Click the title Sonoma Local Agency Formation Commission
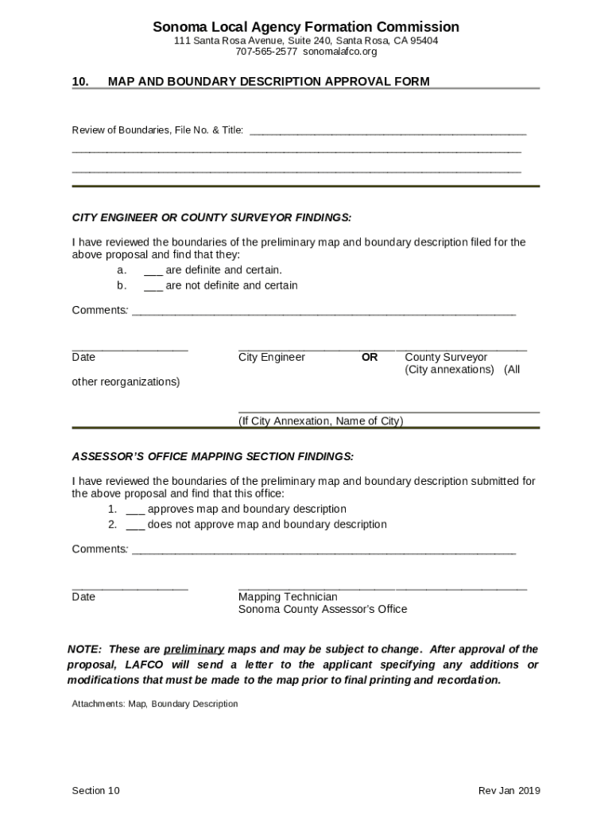306,27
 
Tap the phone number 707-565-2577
265,52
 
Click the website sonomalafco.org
339,52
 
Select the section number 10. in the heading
80,81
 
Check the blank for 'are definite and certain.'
153,270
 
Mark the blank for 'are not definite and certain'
153,285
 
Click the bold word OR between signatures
370,358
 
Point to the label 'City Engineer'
271,358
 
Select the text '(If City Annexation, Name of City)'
320,421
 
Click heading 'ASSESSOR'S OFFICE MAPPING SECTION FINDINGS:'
212,456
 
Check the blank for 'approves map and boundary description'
135,510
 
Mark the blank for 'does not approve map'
135,525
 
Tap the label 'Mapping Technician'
288,597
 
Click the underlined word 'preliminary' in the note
193,649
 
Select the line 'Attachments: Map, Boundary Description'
154,704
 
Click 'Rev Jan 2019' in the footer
509,790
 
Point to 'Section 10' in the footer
95,790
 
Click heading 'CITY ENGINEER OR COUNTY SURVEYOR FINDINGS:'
211,218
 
